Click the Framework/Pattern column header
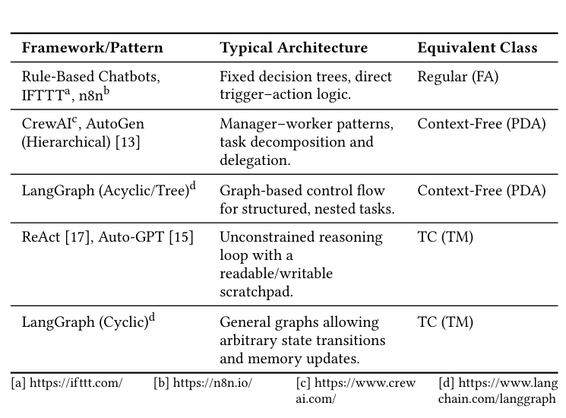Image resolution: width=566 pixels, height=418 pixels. point(92,48)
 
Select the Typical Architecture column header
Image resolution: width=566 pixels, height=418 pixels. point(293,48)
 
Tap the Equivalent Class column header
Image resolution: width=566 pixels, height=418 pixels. point(477,48)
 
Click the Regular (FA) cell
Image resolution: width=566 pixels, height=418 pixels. point(457,77)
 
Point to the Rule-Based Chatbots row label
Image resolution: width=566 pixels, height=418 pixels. point(90,77)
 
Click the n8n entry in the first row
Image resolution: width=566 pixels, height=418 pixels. point(91,96)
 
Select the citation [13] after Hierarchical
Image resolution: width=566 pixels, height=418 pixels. point(127,142)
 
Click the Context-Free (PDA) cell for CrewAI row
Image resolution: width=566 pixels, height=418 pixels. point(481,124)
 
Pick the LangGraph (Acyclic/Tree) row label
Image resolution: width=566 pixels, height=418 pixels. point(104,191)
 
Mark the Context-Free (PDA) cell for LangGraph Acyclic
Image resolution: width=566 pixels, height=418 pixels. point(481,191)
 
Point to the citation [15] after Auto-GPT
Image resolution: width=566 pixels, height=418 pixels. point(181,237)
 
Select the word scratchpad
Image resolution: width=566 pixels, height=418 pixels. point(255,292)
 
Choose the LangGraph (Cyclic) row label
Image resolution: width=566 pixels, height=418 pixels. point(84,322)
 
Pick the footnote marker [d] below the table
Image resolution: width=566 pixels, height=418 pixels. point(447,383)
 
